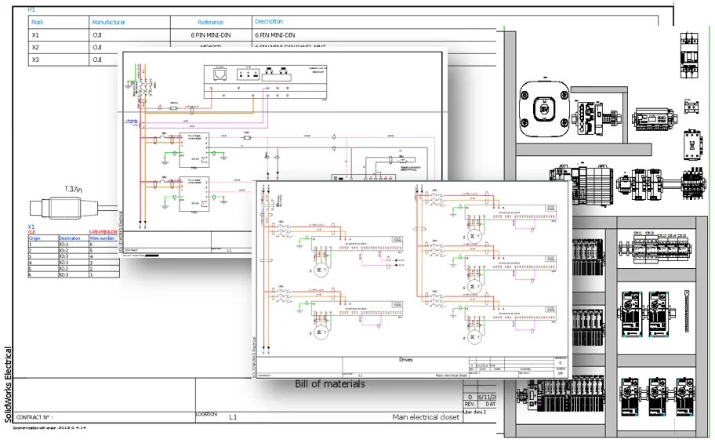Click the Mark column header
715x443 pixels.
[x=37, y=23]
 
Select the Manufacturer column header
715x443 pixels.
[x=108, y=23]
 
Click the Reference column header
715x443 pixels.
[x=209, y=23]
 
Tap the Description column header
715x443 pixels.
[x=269, y=22]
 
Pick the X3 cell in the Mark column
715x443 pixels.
[x=35, y=60]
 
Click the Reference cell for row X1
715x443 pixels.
[x=209, y=35]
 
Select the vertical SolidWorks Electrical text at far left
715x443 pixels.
[x=9, y=383]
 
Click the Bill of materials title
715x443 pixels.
[x=329, y=384]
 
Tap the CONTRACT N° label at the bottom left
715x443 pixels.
[x=34, y=418]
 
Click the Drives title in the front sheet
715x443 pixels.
[x=405, y=360]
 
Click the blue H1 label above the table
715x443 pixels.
[x=31, y=9]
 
